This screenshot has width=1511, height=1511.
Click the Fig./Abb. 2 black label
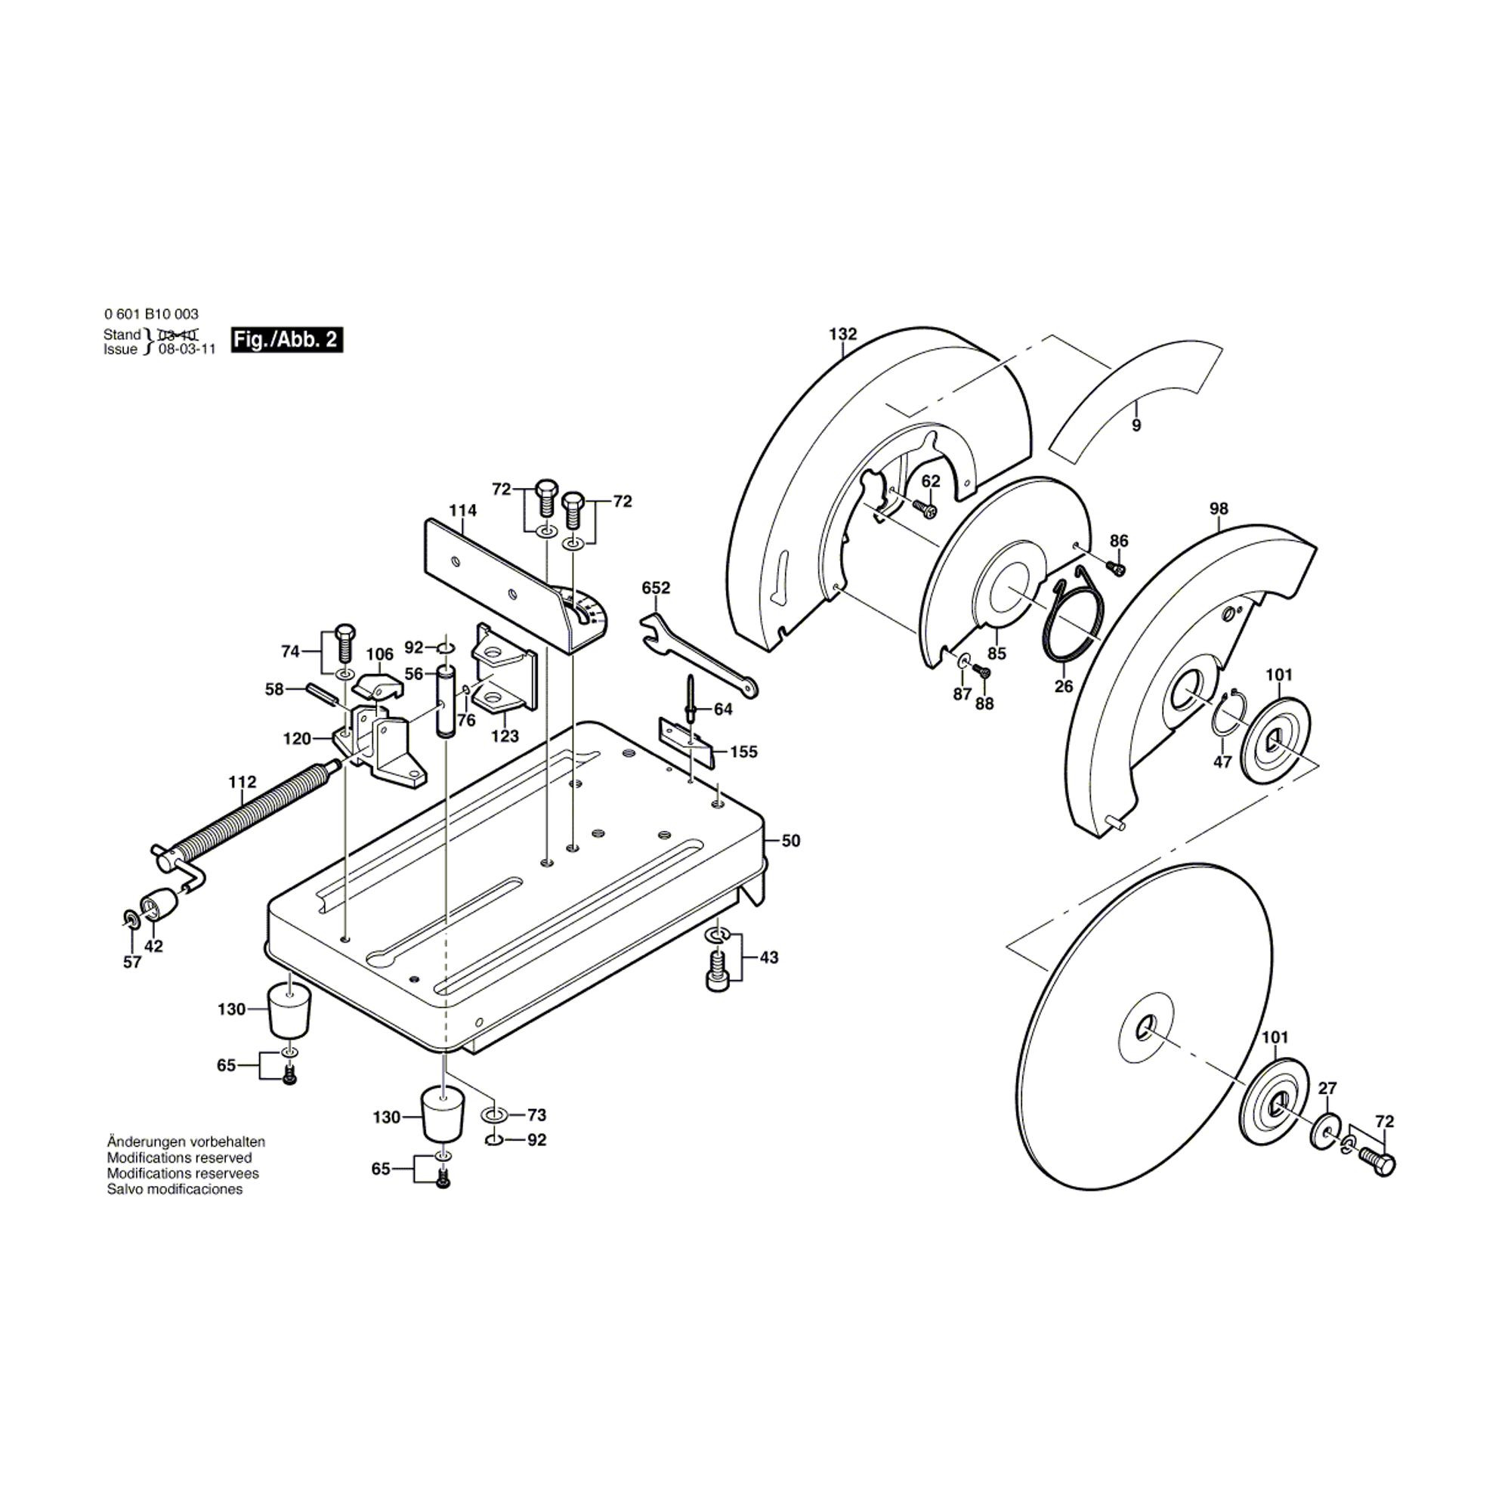(x=287, y=340)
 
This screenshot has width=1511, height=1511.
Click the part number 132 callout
(x=842, y=334)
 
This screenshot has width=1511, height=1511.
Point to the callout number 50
(x=791, y=841)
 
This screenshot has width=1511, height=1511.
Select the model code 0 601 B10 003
(x=151, y=314)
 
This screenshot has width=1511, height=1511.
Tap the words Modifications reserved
(x=179, y=1157)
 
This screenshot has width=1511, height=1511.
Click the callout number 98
(x=1219, y=508)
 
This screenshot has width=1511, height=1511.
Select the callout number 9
(x=1136, y=425)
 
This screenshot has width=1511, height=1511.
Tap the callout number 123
(x=505, y=736)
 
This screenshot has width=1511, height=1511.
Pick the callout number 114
(x=462, y=511)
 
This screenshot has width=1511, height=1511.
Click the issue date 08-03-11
(x=187, y=350)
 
